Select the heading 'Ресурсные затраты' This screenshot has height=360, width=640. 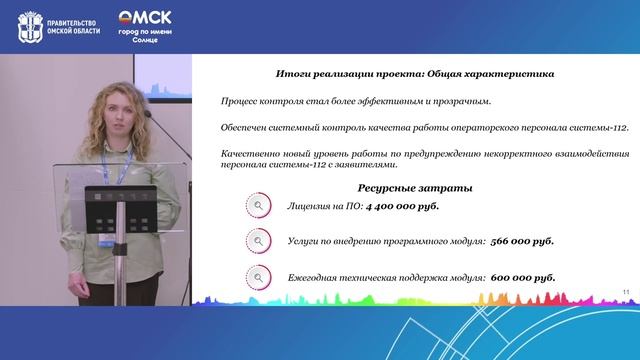coord(400,188)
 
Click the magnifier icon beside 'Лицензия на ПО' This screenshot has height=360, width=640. coord(258,205)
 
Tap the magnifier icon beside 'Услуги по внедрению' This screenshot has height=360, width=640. coord(258,241)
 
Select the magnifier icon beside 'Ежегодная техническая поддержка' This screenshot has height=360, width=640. coord(258,277)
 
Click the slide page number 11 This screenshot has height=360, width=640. coord(625,291)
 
